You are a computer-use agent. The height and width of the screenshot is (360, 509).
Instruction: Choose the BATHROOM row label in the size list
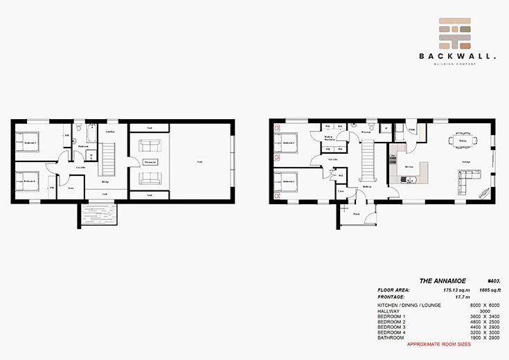(390, 337)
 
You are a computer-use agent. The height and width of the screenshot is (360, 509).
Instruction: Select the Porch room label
(357, 214)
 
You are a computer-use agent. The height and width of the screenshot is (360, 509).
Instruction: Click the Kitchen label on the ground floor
(409, 167)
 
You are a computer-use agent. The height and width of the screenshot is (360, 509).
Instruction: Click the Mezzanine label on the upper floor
(150, 162)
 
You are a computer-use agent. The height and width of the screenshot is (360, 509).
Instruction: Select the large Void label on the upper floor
(199, 162)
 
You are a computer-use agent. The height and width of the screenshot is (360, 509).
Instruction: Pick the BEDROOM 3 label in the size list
(392, 326)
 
